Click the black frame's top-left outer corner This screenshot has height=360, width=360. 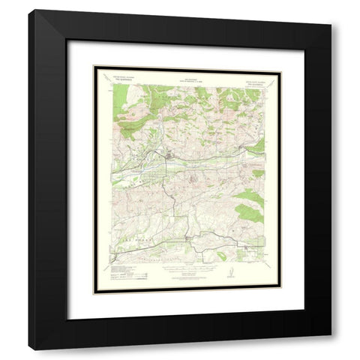tap(29, 10)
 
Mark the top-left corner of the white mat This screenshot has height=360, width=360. tap(67, 40)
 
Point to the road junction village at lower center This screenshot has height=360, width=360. tap(188, 239)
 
